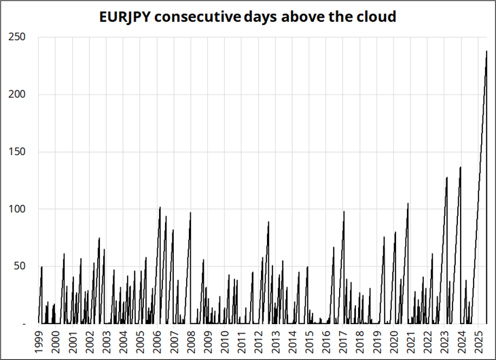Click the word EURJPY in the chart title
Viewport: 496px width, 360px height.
pyautogui.click(x=125, y=17)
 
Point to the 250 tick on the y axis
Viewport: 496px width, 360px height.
pyautogui.click(x=17, y=37)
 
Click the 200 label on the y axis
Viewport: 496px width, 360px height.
pyautogui.click(x=17, y=94)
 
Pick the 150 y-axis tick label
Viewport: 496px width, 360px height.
pyautogui.click(x=17, y=151)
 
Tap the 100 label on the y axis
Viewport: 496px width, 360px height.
pyautogui.click(x=17, y=209)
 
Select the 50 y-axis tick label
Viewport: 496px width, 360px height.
pyautogui.click(x=20, y=266)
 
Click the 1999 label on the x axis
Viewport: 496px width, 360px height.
pyautogui.click(x=39, y=342)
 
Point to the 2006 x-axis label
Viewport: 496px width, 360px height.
pyautogui.click(x=158, y=342)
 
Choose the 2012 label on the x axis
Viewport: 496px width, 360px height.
pyautogui.click(x=259, y=342)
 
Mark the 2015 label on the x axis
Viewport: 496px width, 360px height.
pyautogui.click(x=310, y=342)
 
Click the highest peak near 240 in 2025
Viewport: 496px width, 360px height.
pyautogui.click(x=486, y=51)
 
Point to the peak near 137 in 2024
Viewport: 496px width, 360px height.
pyautogui.click(x=461, y=167)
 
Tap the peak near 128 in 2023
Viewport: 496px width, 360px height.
pyautogui.click(x=447, y=177)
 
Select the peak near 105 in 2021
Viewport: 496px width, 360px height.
pyautogui.click(x=408, y=203)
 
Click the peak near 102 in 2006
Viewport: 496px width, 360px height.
pyautogui.click(x=160, y=207)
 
